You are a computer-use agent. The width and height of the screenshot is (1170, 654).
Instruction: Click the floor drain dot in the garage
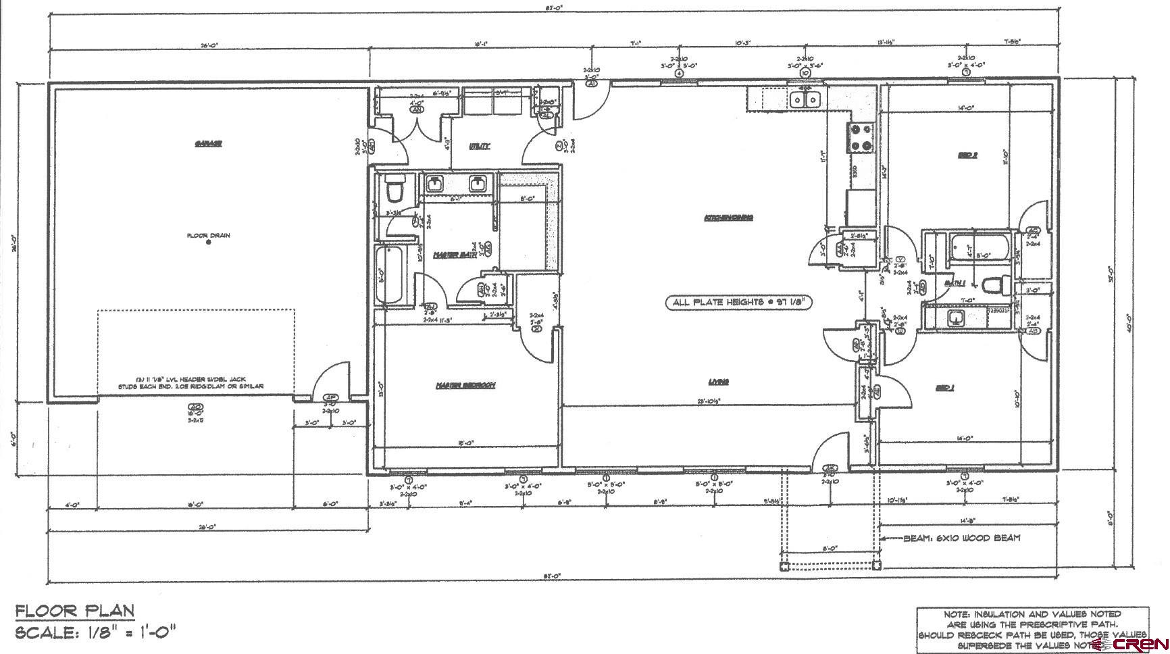(x=208, y=242)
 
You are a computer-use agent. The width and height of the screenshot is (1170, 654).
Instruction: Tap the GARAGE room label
(x=208, y=143)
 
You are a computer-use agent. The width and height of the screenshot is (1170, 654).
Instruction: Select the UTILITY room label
(x=479, y=146)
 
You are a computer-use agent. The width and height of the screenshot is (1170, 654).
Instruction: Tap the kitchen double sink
(x=805, y=100)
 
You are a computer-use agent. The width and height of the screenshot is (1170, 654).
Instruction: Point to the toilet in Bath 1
(x=993, y=286)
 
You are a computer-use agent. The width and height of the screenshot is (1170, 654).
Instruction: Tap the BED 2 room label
(x=967, y=155)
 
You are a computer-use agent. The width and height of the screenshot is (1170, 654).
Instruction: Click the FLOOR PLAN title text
(x=75, y=611)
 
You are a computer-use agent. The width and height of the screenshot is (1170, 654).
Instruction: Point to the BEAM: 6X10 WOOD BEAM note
(x=962, y=538)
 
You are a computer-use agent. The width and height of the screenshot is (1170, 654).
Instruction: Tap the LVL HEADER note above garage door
(x=199, y=383)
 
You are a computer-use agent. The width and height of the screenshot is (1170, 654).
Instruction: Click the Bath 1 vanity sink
(x=957, y=317)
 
